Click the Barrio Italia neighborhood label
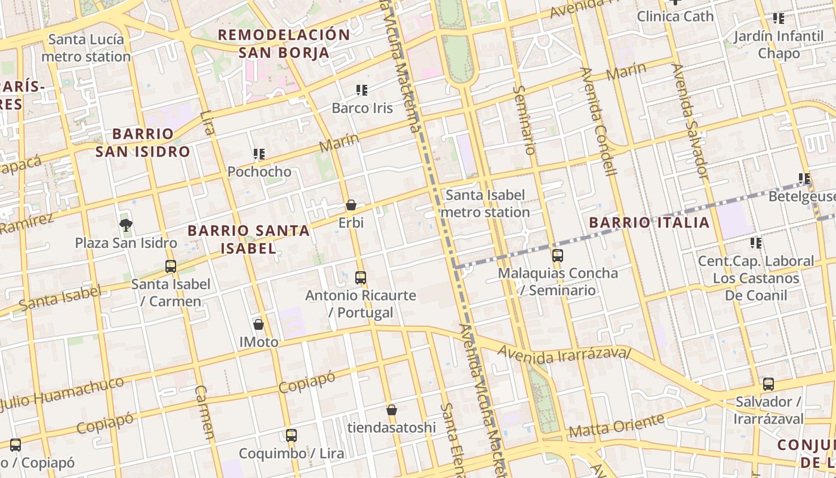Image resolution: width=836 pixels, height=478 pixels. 649,223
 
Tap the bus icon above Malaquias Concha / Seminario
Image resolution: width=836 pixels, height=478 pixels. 558,256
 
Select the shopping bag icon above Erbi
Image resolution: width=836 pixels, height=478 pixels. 351,205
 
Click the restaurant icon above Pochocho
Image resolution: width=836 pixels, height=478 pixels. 259,154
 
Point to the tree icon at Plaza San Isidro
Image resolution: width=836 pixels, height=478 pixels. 125,225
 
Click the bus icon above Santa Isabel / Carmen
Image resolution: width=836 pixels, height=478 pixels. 171,266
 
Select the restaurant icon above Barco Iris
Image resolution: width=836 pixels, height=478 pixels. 362,90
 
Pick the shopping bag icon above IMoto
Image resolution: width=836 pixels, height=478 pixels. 259,324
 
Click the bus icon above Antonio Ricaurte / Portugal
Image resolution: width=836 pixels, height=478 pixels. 361,278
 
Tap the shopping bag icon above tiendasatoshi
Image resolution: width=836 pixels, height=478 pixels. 392,410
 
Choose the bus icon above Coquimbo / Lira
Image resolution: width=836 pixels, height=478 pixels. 291,436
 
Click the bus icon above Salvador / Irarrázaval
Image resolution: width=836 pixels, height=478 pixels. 769,384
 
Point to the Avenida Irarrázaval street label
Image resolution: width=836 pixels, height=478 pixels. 564,354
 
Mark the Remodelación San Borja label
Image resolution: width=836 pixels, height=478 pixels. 284,44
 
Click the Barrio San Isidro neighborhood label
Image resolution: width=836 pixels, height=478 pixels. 143,142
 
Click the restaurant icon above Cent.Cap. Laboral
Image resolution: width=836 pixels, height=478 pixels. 756,243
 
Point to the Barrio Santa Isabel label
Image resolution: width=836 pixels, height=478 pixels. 248,239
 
